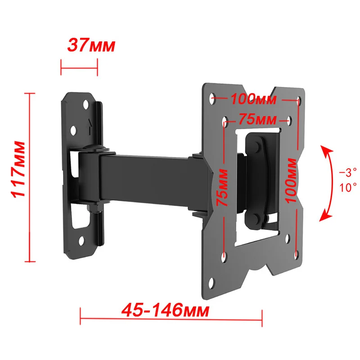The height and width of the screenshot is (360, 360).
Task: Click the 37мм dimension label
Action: tap(91, 45)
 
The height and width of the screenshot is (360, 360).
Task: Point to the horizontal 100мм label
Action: tap(253, 98)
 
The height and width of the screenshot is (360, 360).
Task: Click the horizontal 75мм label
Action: tap(257, 120)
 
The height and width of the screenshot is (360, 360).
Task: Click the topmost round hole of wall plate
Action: tap(85, 104)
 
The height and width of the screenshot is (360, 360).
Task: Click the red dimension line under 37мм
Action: tap(79, 68)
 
